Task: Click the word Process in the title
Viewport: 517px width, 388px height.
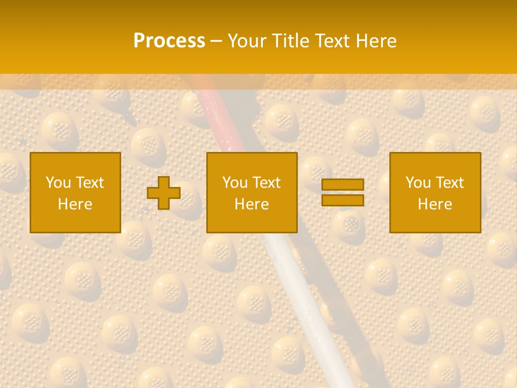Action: (x=169, y=41)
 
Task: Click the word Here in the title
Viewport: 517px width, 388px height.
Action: (x=379, y=41)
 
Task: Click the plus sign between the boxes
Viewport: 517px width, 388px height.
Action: (x=164, y=193)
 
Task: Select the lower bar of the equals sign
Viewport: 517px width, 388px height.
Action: (x=343, y=200)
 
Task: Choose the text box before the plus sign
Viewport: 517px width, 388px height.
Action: (x=75, y=162)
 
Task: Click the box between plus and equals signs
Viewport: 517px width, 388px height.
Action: (x=252, y=162)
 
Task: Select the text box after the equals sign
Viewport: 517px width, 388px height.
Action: (x=435, y=162)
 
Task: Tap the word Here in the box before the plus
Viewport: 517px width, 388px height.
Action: (x=75, y=204)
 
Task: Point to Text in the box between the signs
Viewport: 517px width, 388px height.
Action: (x=267, y=183)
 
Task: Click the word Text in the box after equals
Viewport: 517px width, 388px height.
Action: (x=450, y=183)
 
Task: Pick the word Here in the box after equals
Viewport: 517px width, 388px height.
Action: (x=435, y=204)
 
